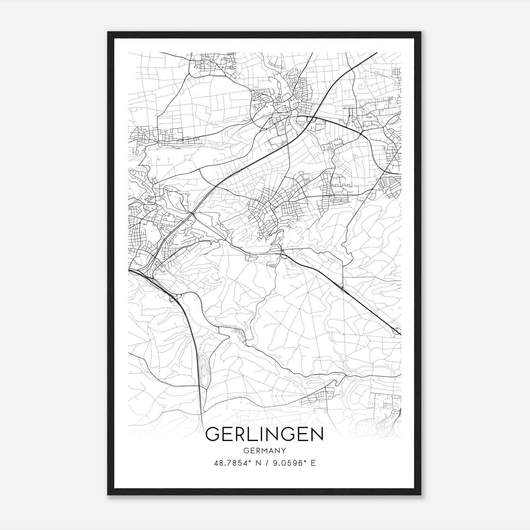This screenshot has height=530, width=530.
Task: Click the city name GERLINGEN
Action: tap(264, 434)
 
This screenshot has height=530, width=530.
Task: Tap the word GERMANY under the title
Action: tap(264, 450)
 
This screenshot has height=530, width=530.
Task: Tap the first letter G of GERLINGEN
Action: tap(212, 434)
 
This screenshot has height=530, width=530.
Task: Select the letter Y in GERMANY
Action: tap(284, 450)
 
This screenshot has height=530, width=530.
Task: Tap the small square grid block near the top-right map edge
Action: tap(396, 72)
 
